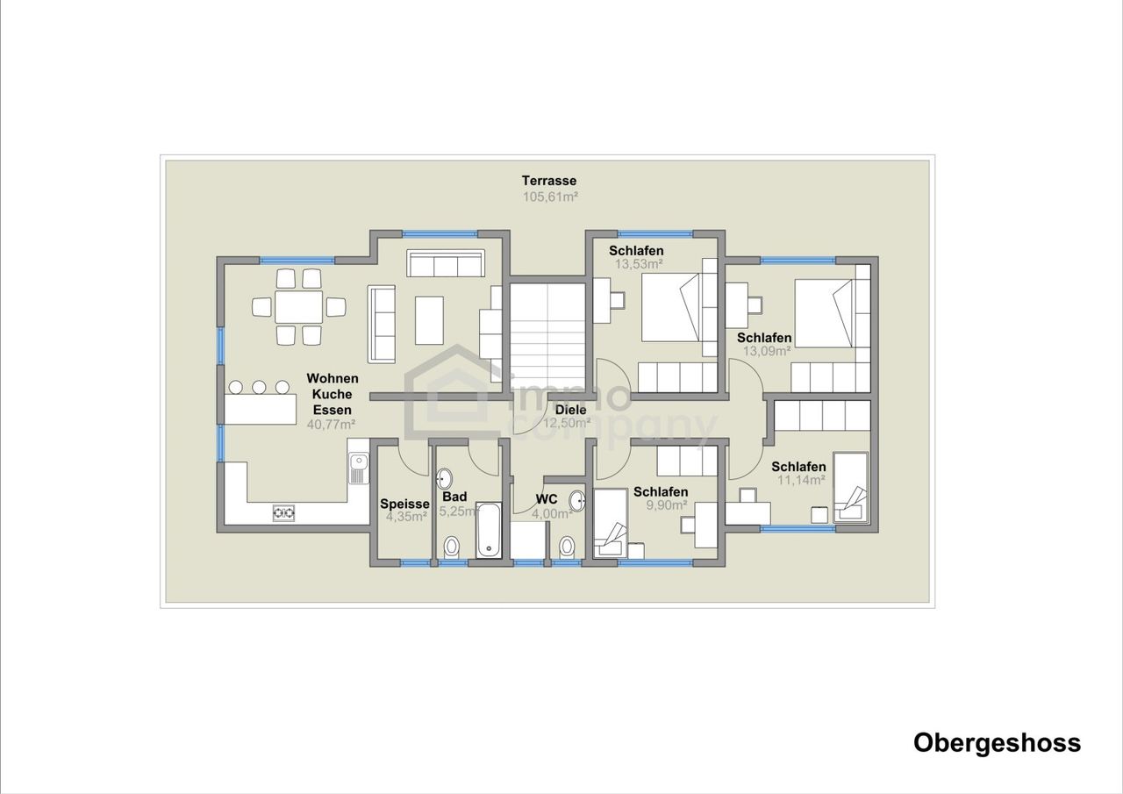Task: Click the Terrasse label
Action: [x=549, y=181]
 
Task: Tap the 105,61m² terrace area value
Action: [x=550, y=197]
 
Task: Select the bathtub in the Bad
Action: [x=489, y=530]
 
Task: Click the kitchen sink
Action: [x=358, y=469]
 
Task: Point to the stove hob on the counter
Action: [x=283, y=512]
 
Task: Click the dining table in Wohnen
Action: [x=299, y=307]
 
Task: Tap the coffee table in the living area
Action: [x=429, y=320]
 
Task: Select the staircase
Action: [x=547, y=341]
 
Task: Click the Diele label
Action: [x=570, y=410]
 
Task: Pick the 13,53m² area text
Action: [x=639, y=264]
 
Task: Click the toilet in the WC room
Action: [x=567, y=547]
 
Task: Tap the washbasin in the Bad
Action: [x=444, y=479]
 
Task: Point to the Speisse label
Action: [x=404, y=504]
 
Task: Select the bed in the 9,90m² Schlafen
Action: [x=610, y=523]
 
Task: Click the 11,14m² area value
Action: [x=801, y=480]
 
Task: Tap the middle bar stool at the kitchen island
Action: [x=259, y=387]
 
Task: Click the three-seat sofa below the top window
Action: [x=446, y=262]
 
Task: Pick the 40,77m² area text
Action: [x=332, y=425]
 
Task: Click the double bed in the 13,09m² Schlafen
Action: [x=824, y=313]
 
